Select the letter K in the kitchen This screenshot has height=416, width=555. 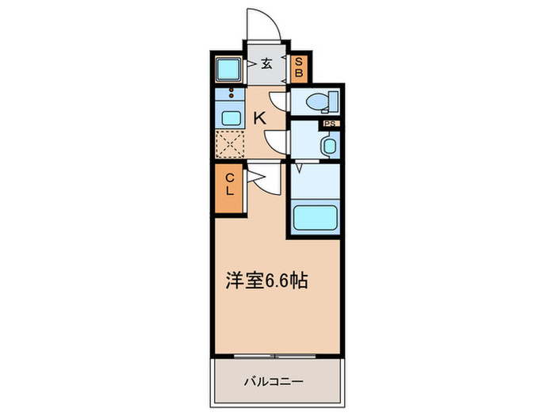[x=258, y=118]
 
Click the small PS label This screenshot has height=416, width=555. [x=327, y=124]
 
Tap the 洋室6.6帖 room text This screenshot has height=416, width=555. [x=266, y=281]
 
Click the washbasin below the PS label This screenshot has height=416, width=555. [x=329, y=145]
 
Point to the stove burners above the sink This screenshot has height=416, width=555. [x=231, y=94]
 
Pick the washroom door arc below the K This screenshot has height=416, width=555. [x=275, y=143]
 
